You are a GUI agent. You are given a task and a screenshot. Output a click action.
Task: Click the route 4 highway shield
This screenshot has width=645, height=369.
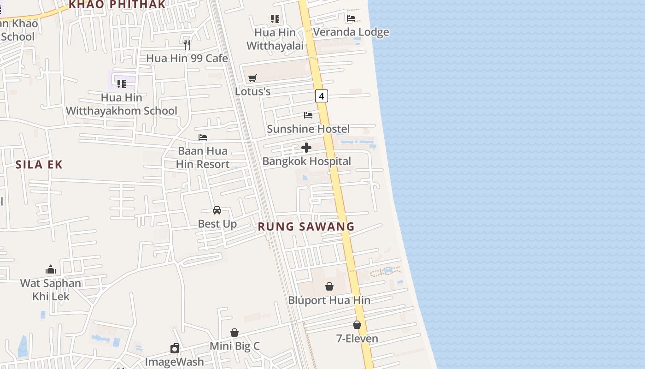coord(322,96)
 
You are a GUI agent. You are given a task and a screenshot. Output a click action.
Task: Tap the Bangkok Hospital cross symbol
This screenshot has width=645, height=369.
coord(306,148)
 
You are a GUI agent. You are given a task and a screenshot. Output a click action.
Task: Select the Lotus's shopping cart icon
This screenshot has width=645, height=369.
coord(252,78)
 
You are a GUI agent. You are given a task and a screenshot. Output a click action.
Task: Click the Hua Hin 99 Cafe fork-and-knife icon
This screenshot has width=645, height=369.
coord(187,44)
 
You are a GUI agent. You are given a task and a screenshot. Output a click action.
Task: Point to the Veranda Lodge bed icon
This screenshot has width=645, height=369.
coord(351,18)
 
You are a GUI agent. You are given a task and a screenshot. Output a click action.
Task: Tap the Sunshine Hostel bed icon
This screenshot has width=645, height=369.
coord(308,115)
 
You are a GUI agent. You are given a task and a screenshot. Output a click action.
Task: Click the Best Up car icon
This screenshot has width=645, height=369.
coord(217,210)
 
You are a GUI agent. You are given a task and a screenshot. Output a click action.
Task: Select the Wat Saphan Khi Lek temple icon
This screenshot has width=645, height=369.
coord(51,269)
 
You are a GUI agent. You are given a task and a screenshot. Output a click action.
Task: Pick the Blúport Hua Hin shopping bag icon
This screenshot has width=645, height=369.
coord(329,286)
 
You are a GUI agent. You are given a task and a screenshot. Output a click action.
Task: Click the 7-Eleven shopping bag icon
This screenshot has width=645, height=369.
coord(357,325)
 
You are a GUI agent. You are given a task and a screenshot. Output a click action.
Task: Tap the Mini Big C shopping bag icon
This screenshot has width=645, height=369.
coord(235,332)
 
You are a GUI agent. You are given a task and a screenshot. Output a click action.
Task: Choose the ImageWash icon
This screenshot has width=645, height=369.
coord(175,348)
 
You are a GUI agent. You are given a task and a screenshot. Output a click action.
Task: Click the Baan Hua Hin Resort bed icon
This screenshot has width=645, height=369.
coord(203,137)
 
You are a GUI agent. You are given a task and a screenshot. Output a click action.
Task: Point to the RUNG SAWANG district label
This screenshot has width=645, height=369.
coord(306,226)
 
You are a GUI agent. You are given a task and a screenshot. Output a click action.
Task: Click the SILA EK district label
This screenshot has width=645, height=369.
coord(39,165)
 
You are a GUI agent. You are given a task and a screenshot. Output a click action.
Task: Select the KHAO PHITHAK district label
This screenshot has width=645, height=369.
coord(117,5)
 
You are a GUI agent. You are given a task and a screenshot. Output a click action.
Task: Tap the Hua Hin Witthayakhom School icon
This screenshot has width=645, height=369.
coord(122,83)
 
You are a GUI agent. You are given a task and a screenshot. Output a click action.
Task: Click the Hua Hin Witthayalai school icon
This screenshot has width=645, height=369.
coord(275,19)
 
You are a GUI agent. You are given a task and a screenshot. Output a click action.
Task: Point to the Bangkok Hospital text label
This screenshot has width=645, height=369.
coord(307,161)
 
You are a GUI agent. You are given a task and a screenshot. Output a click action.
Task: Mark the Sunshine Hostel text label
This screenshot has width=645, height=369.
coord(308,129)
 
